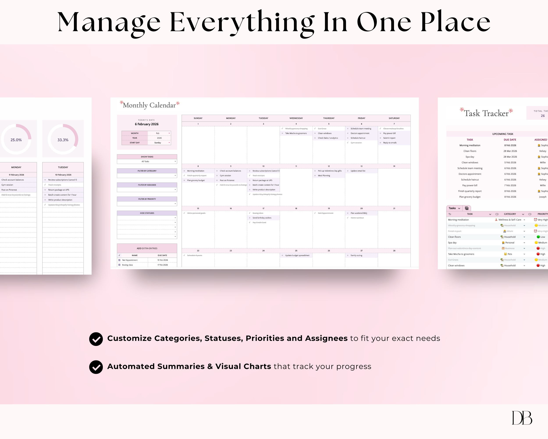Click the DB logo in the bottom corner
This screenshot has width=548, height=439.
522,418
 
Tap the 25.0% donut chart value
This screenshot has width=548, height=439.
16,140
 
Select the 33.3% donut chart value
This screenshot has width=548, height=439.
63,140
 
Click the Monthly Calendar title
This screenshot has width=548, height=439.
149,105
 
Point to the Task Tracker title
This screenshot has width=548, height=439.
486,113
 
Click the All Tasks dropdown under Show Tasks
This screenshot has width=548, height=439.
147,162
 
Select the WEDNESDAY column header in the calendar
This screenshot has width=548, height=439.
296,118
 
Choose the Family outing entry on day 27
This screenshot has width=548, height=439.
356,255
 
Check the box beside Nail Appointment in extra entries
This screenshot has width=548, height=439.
119,260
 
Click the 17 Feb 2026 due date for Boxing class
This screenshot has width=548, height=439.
162,265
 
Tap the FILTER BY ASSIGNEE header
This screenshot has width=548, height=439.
147,185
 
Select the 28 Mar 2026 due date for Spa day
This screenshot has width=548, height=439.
510,157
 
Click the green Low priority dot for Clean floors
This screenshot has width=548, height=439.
538,237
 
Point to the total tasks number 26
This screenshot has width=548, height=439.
543,116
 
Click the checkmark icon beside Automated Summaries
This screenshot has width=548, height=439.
96,367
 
